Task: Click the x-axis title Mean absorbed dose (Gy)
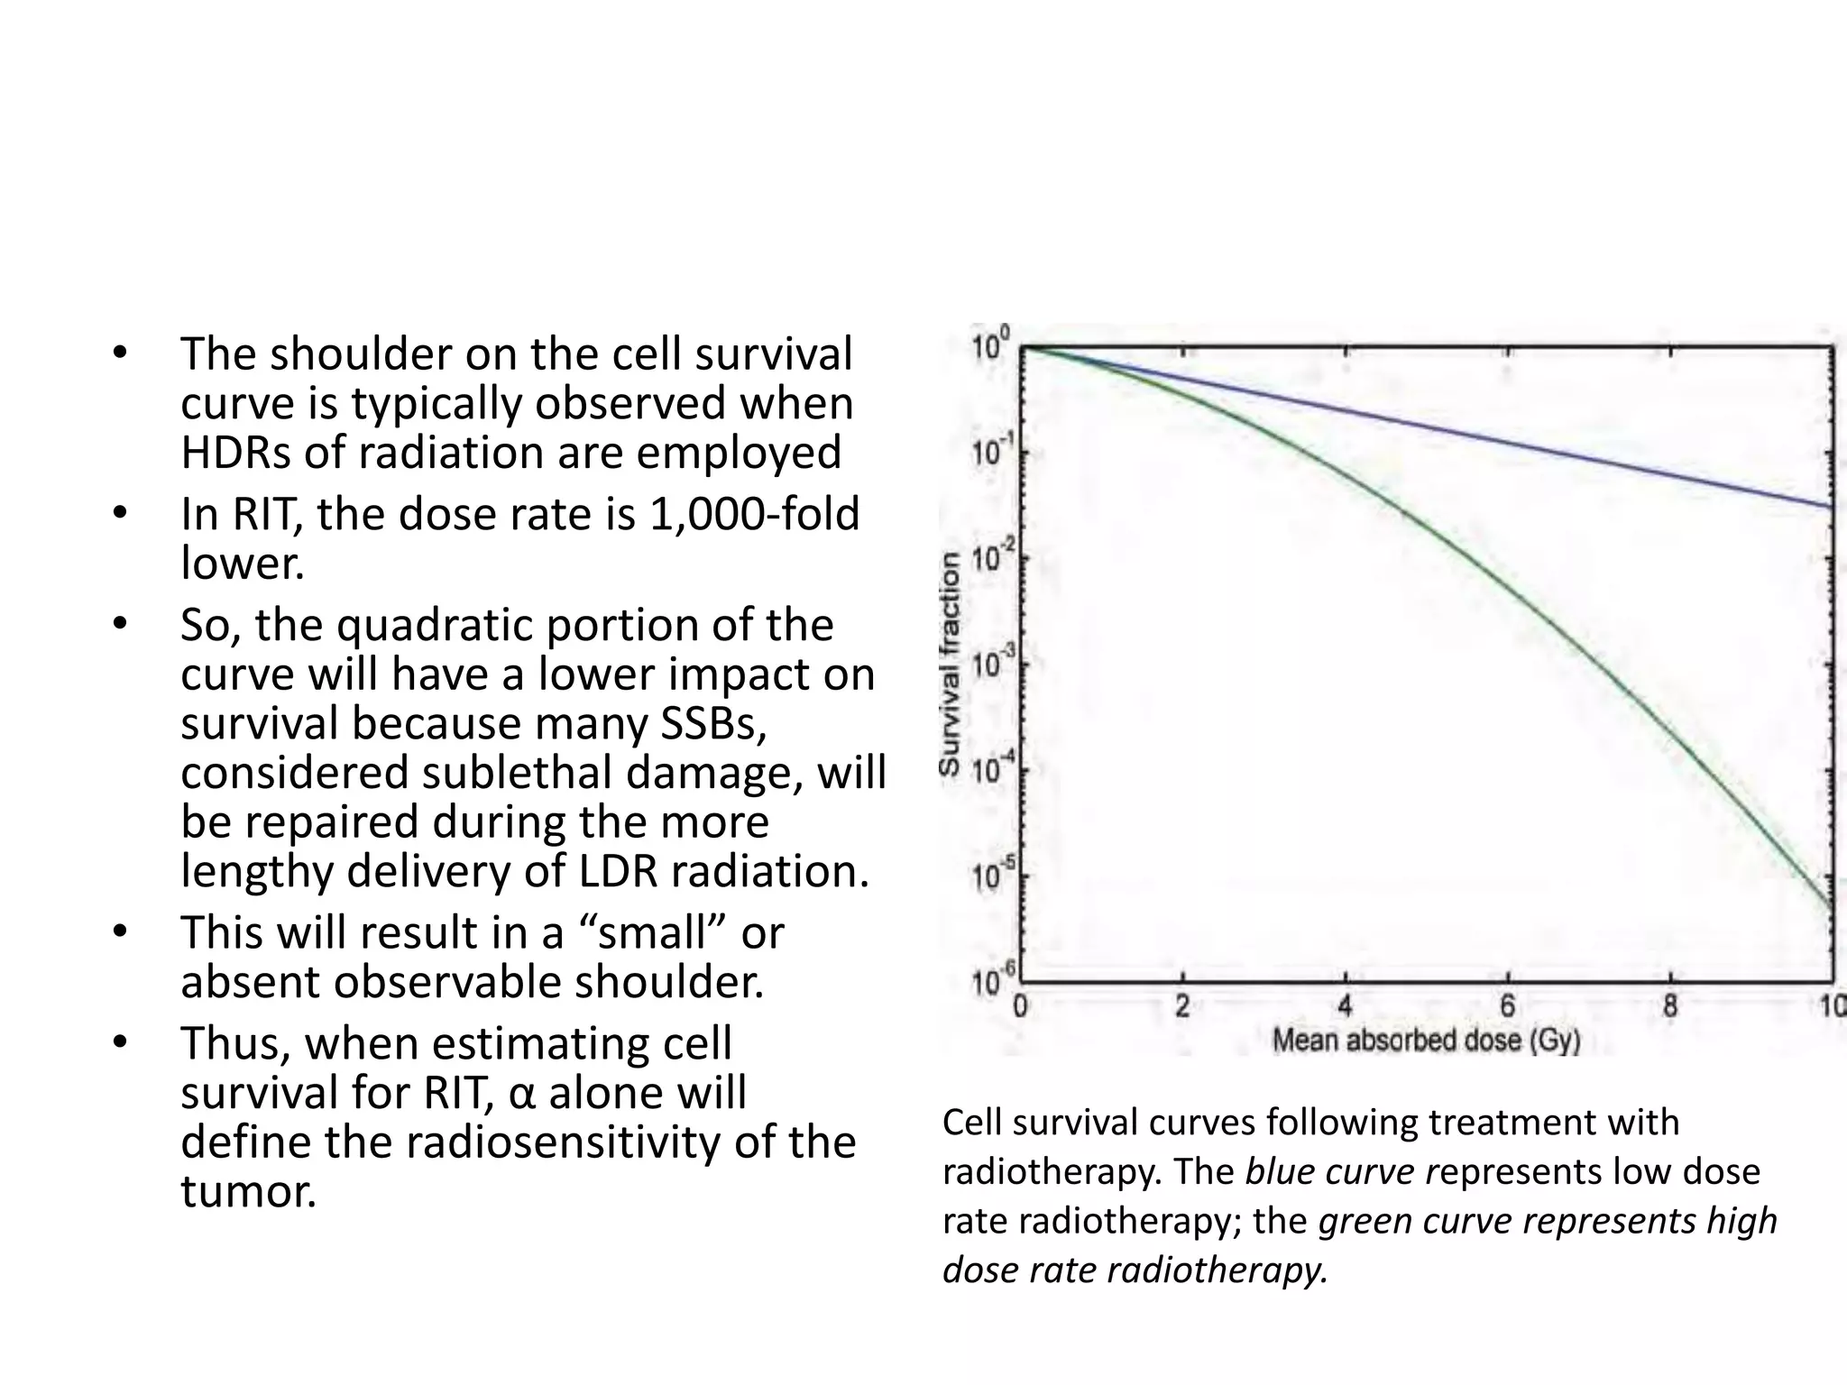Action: tap(1427, 1041)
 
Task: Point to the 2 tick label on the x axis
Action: tap(1182, 1005)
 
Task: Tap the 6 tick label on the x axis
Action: tap(1507, 1005)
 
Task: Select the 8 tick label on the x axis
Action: tap(1669, 1005)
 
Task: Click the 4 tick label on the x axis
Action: tap(1345, 1005)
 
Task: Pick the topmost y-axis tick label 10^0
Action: tap(991, 345)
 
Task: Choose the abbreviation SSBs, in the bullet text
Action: tap(713, 724)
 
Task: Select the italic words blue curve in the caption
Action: tap(1329, 1171)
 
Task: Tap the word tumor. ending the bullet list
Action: tap(249, 1192)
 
